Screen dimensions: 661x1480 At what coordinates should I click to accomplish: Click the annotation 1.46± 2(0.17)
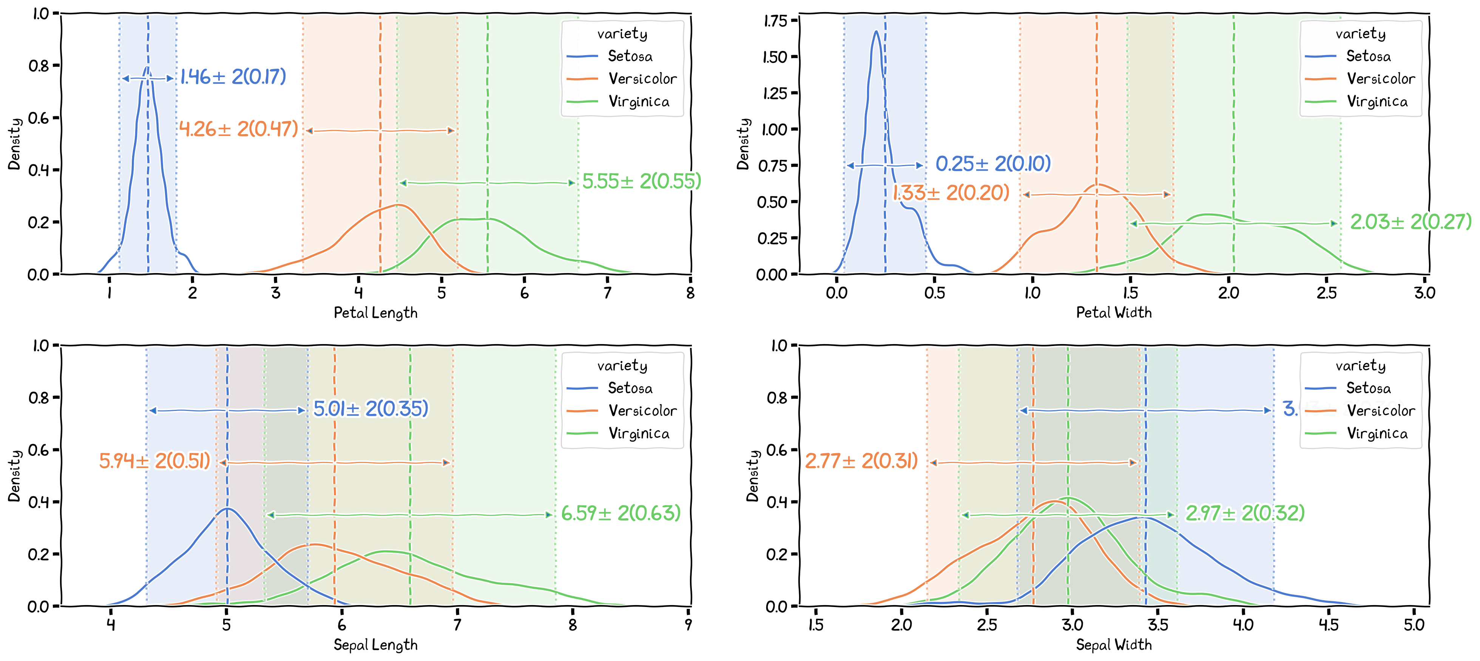pyautogui.click(x=233, y=76)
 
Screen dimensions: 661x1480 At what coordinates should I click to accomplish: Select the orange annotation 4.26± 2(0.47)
pyautogui.click(x=238, y=129)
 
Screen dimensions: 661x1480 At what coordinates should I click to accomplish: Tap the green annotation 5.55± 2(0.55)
pyautogui.click(x=642, y=181)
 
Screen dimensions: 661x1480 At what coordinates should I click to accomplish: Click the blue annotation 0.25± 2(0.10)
pyautogui.click(x=993, y=164)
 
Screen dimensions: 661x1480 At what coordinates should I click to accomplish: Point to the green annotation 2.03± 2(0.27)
pyautogui.click(x=1411, y=221)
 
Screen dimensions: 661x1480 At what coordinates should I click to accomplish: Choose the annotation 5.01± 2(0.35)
pyautogui.click(x=370, y=409)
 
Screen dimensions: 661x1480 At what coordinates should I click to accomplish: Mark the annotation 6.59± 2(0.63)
pyautogui.click(x=620, y=513)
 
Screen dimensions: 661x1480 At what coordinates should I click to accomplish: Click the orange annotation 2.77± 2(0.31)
pyautogui.click(x=861, y=461)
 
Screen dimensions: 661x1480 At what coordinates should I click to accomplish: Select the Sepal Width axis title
pyautogui.click(x=1113, y=644)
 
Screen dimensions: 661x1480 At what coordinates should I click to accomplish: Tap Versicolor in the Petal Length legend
pyautogui.click(x=642, y=79)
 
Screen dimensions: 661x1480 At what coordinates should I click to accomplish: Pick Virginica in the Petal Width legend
pyautogui.click(x=1377, y=102)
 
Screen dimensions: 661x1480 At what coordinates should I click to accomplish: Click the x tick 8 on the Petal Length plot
pyautogui.click(x=690, y=293)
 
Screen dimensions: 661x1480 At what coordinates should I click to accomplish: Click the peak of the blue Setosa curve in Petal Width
pyautogui.click(x=876, y=32)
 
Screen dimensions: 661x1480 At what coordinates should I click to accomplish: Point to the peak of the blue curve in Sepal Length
pyautogui.click(x=228, y=509)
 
